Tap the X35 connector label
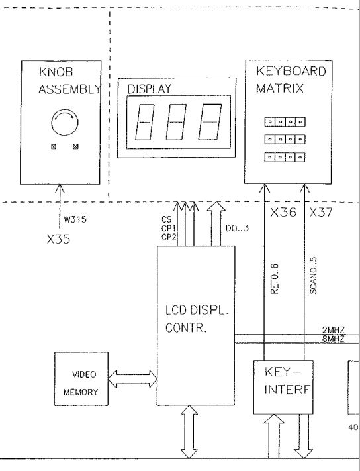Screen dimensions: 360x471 pos(58,239)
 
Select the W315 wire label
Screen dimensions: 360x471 pos(75,219)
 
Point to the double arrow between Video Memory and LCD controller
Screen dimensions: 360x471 pos(132,379)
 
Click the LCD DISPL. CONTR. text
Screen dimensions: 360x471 pos(197,319)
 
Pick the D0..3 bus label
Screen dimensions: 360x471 pos(237,228)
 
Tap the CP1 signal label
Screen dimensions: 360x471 pos(169,229)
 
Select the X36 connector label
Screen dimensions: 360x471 pos(283,213)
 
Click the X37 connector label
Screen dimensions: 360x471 pos(321,213)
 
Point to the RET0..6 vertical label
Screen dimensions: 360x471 pos(275,279)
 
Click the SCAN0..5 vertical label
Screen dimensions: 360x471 pos(313,276)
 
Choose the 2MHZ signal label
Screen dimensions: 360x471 pos(334,330)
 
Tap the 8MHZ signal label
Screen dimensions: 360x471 pos(334,339)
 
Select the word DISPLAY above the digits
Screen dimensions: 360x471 pos(150,89)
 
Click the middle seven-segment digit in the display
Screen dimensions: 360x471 pos(176,122)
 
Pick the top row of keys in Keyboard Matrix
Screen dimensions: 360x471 pos(285,122)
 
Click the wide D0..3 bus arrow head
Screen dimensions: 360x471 pos(216,207)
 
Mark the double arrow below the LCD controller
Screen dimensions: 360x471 pos(189,432)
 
